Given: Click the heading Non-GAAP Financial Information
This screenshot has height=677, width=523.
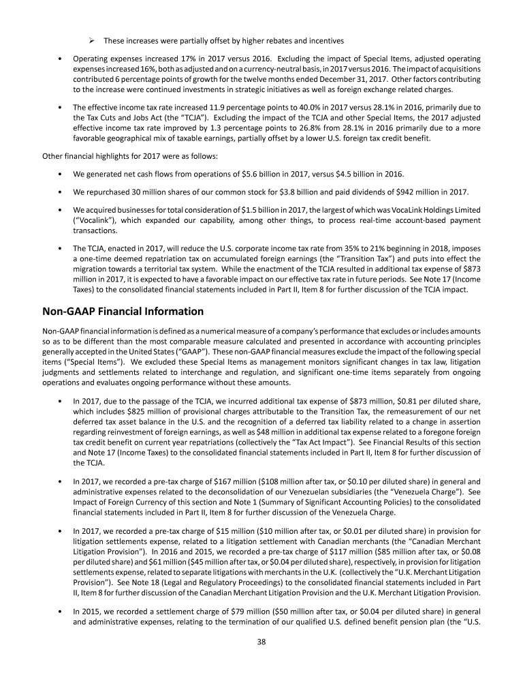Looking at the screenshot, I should (123, 312).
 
